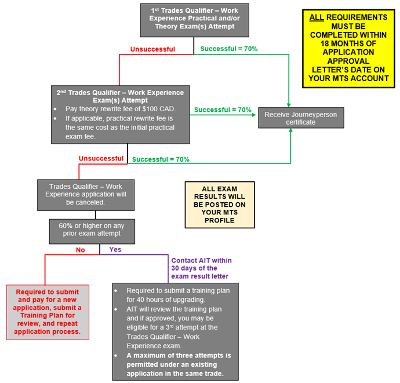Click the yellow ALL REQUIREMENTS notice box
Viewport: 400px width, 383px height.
click(x=348, y=48)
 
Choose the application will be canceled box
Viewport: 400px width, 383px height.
click(x=86, y=195)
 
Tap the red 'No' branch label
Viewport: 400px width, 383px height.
click(x=80, y=250)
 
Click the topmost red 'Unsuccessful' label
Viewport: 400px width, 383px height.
click(x=152, y=49)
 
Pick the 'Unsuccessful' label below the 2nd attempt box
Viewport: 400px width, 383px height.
click(x=101, y=158)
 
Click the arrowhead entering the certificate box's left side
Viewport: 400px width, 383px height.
click(x=255, y=115)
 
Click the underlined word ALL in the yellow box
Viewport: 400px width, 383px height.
click(x=317, y=17)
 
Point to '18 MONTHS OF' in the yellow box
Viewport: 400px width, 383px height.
click(x=348, y=42)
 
